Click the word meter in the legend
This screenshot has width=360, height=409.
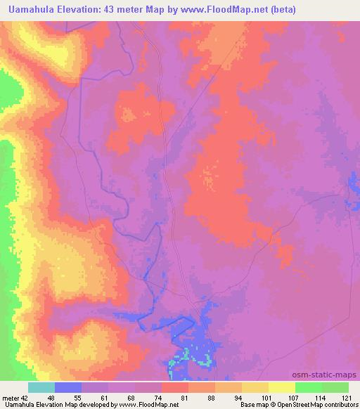click(x=11, y=397)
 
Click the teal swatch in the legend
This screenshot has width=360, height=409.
click(x=41, y=387)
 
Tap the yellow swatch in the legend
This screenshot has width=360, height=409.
click(x=282, y=387)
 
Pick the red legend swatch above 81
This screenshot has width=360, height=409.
click(x=175, y=387)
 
